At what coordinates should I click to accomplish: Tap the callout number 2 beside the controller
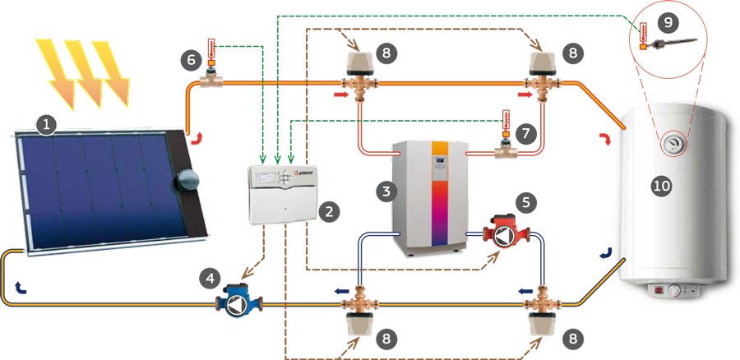coord(329,211)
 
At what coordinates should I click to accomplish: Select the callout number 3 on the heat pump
coord(383,191)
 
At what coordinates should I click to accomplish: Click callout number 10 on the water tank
coord(661,187)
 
